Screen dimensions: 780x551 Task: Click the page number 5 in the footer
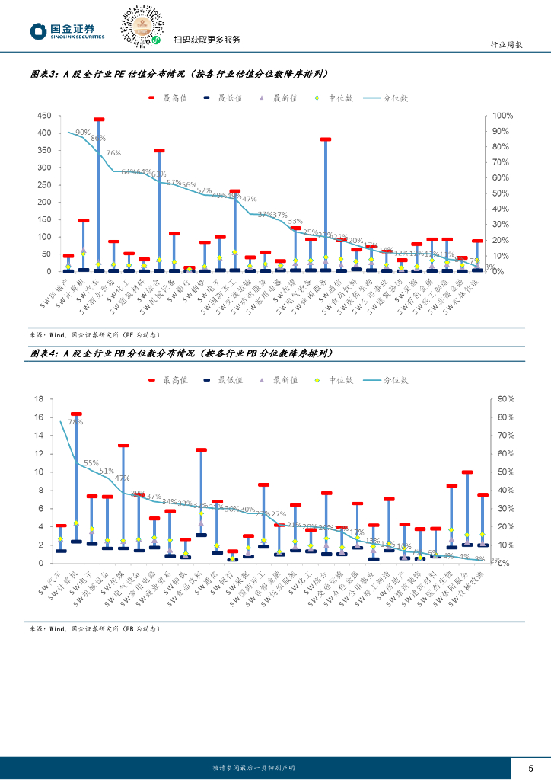click(x=530, y=768)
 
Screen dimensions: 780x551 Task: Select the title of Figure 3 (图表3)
click(x=179, y=74)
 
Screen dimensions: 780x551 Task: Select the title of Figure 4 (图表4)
click(x=180, y=354)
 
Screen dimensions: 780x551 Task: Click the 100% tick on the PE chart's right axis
click(x=504, y=116)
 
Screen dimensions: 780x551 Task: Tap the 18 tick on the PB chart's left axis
click(x=46, y=399)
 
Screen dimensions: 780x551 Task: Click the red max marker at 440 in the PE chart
click(x=98, y=120)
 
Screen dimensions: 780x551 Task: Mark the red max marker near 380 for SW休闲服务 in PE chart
click(x=326, y=139)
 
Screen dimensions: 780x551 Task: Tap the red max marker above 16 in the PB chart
click(x=76, y=414)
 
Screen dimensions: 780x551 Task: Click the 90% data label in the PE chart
click(x=82, y=133)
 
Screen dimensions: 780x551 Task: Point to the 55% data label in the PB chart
click(x=91, y=462)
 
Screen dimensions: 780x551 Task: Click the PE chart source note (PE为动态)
click(x=94, y=334)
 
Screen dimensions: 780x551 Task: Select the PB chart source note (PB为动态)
click(x=94, y=629)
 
